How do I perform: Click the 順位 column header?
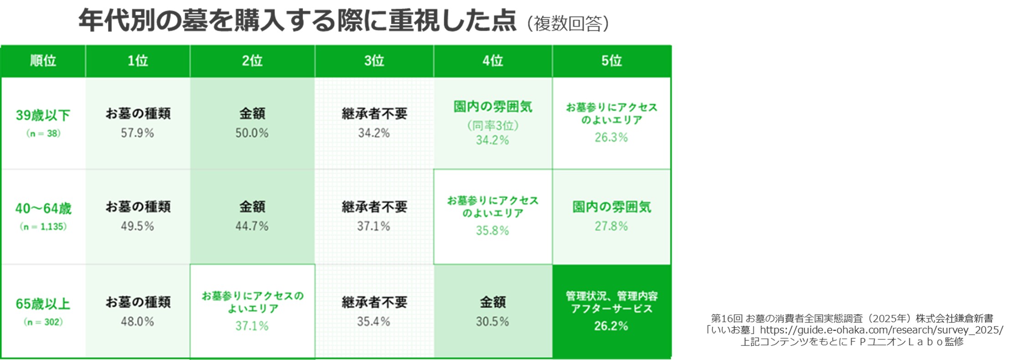43,61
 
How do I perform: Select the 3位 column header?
374,61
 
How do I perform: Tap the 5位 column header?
611,61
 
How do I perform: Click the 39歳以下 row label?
43,115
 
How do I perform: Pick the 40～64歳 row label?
43,209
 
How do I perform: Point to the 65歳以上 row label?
43,304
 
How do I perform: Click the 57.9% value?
137,133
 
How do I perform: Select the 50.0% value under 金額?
252,133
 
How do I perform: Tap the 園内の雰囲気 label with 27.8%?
611,207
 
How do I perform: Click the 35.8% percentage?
492,231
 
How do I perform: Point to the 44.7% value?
252,226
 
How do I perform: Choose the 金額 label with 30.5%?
492,302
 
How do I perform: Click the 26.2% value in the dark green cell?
611,326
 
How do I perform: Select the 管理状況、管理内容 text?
611,296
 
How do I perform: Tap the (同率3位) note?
492,125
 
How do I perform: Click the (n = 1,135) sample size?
43,226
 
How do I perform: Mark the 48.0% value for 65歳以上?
137,322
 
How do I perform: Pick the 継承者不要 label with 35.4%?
374,302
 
